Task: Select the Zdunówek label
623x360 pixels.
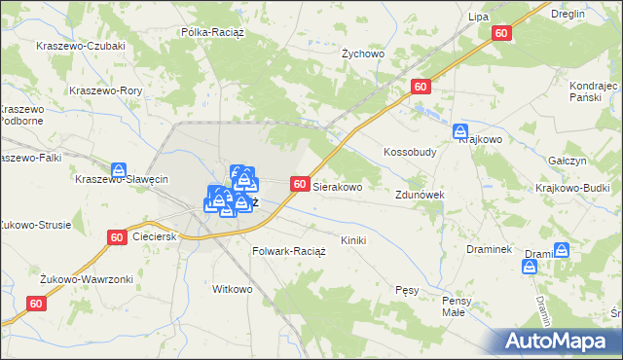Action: pos(421,195)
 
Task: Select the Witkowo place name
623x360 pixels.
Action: pos(233,289)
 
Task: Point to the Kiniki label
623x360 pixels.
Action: pos(353,239)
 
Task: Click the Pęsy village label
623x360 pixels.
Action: pos(407,290)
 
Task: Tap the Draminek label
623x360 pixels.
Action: pos(489,248)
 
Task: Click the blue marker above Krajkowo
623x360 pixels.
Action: pos(461,131)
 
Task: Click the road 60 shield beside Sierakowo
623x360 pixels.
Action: pos(300,184)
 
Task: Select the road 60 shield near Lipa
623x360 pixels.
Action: pos(501,33)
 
